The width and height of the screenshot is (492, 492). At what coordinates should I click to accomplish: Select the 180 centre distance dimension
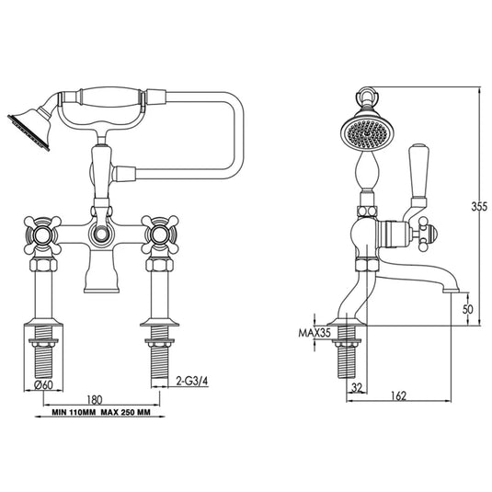[95, 399]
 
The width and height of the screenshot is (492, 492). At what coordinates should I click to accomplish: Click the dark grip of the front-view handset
[108, 97]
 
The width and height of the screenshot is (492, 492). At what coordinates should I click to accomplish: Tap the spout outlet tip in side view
[451, 288]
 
